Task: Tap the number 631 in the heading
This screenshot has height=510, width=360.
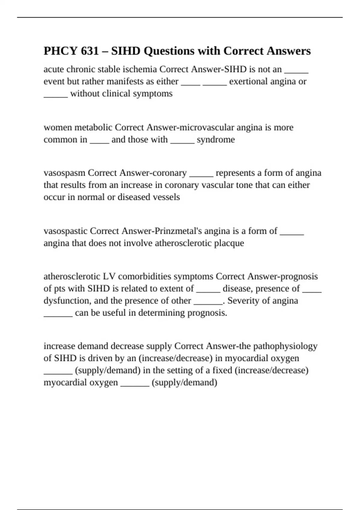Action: tap(90, 51)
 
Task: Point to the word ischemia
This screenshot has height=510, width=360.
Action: tap(142, 69)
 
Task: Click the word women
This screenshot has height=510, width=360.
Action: tap(58, 127)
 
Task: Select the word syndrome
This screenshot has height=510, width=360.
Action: tap(216, 139)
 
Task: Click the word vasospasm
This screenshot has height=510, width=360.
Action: tap(64, 173)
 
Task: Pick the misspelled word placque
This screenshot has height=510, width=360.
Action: tap(229, 243)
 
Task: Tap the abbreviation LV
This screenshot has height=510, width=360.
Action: tap(112, 276)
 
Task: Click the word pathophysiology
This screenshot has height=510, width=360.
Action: tap(285, 346)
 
